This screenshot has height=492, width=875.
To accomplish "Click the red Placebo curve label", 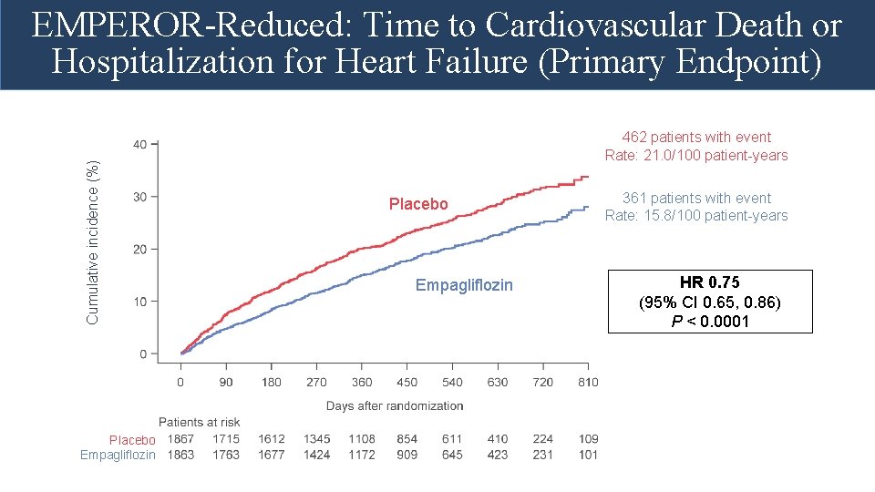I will tap(418, 204).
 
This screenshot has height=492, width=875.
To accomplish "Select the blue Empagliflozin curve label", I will tap(464, 285).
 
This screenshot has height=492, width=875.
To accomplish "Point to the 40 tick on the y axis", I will tap(139, 144).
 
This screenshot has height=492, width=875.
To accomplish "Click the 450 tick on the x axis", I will tap(407, 382).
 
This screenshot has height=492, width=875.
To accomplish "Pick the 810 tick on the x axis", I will tap(588, 382).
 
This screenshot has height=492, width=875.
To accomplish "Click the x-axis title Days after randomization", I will tap(395, 405).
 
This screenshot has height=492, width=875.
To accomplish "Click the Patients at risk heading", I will tap(200, 422).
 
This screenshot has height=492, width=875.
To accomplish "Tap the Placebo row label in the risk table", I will tap(133, 440).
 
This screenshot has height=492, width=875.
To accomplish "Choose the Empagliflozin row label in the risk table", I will tap(118, 455).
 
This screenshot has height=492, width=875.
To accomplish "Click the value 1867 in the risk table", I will tap(180, 439).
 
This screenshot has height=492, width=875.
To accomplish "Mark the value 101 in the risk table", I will tap(588, 455).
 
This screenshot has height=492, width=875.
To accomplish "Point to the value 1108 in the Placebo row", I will tap(361, 439).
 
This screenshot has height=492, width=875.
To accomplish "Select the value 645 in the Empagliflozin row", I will tap(452, 455).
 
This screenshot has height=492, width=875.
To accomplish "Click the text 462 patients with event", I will tap(696, 138).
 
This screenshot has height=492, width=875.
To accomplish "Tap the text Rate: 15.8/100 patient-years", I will tap(696, 216).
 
